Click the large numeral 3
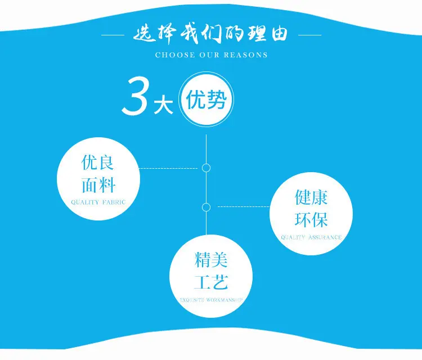tap(134, 97)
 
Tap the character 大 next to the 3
tap(163, 106)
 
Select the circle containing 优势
tap(206, 100)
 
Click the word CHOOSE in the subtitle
tap(175, 55)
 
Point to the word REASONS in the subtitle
tap(246, 55)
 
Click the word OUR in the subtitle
tap(209, 55)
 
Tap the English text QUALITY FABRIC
tap(98, 202)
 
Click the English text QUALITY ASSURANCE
tap(311, 237)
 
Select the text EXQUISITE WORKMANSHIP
tap(211, 300)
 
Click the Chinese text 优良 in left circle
tap(97, 163)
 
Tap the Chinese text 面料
tap(98, 185)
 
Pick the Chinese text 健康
tap(311, 197)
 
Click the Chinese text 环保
tap(311, 219)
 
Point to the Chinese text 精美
tap(211, 260)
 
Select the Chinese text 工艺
tap(211, 282)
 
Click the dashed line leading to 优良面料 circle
tap(168, 168)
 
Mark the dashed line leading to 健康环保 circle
tap(243, 206)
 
